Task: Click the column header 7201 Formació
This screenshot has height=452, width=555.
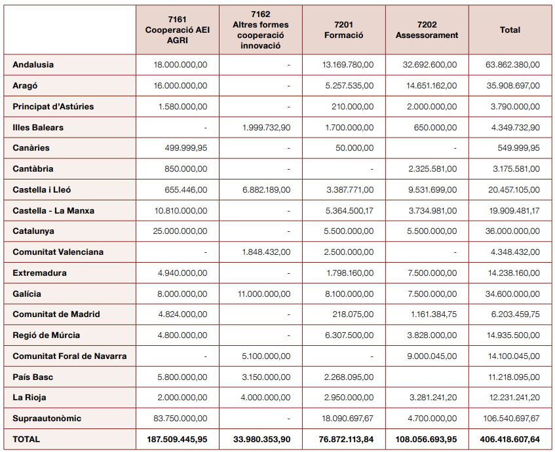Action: click(x=343, y=30)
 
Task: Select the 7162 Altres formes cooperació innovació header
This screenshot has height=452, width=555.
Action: click(x=260, y=30)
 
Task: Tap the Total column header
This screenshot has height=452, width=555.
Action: click(x=510, y=30)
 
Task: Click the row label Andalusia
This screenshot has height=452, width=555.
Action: click(x=33, y=65)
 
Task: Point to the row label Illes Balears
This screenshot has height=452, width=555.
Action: click(x=38, y=127)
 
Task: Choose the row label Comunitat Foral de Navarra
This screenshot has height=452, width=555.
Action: click(x=69, y=356)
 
